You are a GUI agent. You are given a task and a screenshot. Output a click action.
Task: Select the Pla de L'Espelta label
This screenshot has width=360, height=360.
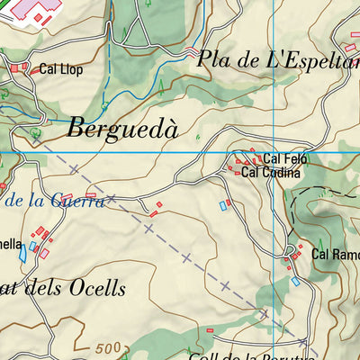click(x=277, y=61)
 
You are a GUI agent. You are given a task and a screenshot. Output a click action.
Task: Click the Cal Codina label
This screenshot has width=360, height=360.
click(x=269, y=172)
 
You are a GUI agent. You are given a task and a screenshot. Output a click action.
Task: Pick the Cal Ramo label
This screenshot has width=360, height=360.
click(x=335, y=255)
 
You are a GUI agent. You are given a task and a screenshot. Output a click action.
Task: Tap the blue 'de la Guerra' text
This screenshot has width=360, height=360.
click(x=54, y=201)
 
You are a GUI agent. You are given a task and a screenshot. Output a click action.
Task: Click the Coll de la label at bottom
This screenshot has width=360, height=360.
click(x=216, y=352)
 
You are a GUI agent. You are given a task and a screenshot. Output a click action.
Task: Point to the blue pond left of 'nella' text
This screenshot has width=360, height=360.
click(x=22, y=253)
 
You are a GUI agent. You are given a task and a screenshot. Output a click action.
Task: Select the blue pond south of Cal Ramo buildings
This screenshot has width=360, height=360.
click(x=294, y=282)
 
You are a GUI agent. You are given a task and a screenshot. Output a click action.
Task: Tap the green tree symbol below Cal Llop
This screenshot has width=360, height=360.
click(x=36, y=132)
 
